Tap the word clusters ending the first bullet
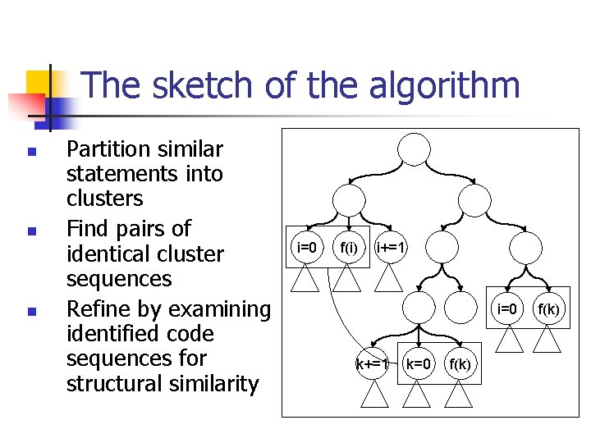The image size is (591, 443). [104, 199]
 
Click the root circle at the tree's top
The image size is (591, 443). [414, 148]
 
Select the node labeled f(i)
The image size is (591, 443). [350, 246]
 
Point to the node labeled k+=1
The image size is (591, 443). [371, 363]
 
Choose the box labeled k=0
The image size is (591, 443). [419, 363]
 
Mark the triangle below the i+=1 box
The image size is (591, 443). [388, 279]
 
